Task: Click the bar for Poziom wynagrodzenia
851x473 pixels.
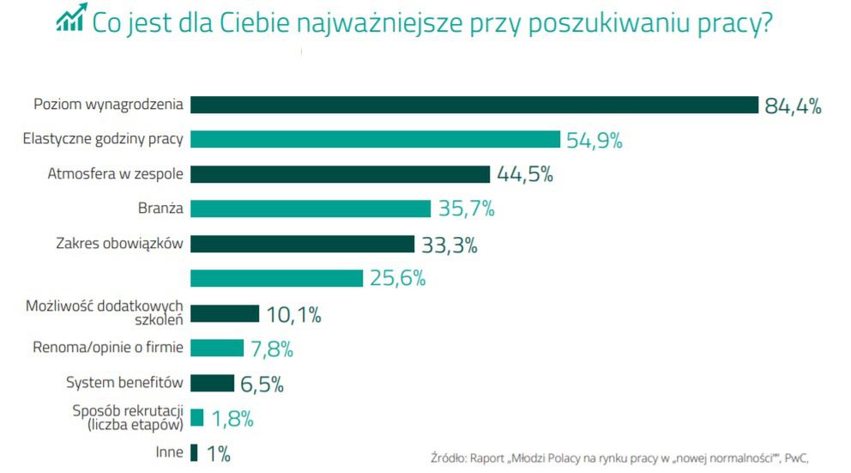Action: coord(474,105)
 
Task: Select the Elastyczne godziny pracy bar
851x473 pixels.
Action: coord(375,140)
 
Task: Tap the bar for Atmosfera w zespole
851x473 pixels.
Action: coord(340,174)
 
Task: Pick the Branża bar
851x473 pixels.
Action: coord(310,209)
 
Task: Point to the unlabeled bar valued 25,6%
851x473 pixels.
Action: coord(276,278)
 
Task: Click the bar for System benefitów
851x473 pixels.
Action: coord(212,383)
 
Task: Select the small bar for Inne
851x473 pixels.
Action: coord(194,452)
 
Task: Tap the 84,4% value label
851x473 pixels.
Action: coord(794,106)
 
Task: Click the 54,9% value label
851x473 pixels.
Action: coord(594,141)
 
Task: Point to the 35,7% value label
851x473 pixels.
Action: coord(467,209)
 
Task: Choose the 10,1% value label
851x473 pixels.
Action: coord(293,315)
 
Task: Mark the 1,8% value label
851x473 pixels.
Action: coord(232,419)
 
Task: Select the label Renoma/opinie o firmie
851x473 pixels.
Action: coord(109,348)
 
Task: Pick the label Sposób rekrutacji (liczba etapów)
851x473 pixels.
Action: coord(129,416)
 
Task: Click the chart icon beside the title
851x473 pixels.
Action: coord(71,18)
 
